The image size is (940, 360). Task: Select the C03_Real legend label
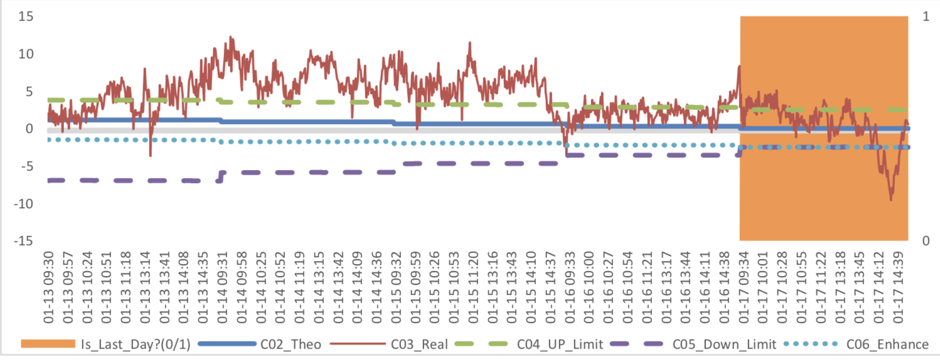(x=419, y=344)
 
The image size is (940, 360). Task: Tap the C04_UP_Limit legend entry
(x=560, y=344)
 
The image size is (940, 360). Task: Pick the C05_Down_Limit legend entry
(x=724, y=344)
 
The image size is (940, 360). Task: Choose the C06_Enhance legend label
(x=887, y=344)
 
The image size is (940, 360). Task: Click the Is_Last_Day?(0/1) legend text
(x=140, y=344)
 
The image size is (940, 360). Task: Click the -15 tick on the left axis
(x=23, y=241)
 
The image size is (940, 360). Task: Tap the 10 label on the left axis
(x=24, y=54)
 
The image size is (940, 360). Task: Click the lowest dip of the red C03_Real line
(x=890, y=199)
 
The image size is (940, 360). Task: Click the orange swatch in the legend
(x=47, y=344)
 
